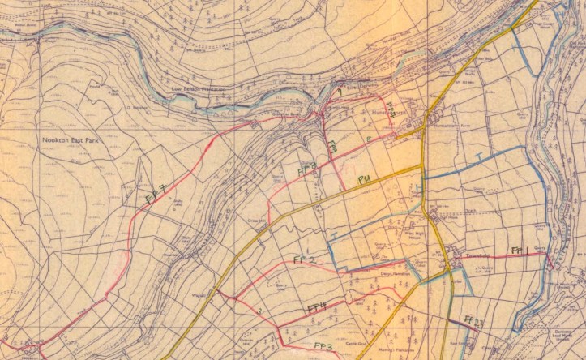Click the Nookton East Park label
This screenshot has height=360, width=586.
74,139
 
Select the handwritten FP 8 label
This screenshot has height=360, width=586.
306,169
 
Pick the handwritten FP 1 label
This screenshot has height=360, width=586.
520,250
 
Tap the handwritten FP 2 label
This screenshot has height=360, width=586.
303,259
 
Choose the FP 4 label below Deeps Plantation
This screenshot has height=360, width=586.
316,307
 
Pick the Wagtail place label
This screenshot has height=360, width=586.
199,296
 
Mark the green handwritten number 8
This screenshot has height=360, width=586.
369,139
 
